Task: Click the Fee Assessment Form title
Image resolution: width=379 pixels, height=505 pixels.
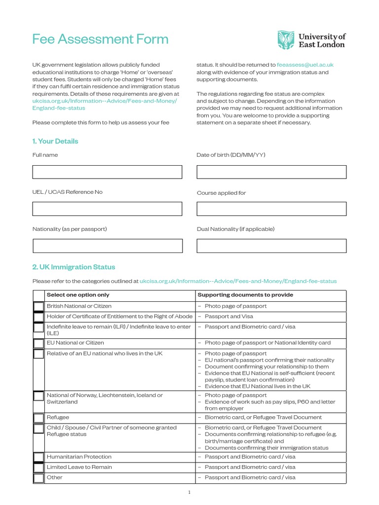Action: pyautogui.click(x=100, y=39)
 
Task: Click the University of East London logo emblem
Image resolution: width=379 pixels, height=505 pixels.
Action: pyautogui.click(x=286, y=40)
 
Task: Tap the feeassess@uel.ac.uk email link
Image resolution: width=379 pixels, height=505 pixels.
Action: pyautogui.click(x=305, y=65)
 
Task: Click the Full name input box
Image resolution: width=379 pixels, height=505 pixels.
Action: pyautogui.click(x=107, y=172)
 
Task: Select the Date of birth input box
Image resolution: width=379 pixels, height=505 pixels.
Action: pyautogui.click(x=271, y=172)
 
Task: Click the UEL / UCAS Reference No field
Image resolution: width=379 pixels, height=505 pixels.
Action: pyautogui.click(x=107, y=209)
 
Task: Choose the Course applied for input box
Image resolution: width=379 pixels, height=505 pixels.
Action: pyautogui.click(x=271, y=209)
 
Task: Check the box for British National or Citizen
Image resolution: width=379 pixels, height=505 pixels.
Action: pyautogui.click(x=38, y=306)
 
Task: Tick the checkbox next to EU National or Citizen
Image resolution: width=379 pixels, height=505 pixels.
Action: pyautogui.click(x=38, y=343)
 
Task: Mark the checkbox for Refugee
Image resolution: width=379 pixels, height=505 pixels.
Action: pyautogui.click(x=38, y=418)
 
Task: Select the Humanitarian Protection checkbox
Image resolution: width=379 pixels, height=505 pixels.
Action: pyautogui.click(x=38, y=457)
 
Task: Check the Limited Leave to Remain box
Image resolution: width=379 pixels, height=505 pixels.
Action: pyautogui.click(x=38, y=468)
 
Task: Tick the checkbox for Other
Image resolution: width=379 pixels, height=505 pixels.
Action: pyautogui.click(x=38, y=478)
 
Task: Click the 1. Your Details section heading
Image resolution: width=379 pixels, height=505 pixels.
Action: pyautogui.click(x=55, y=141)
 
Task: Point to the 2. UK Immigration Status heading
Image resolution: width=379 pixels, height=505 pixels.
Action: pyautogui.click(x=74, y=267)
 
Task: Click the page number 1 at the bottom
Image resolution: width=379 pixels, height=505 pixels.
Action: pyautogui.click(x=189, y=492)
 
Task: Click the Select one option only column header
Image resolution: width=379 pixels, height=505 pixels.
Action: pyautogui.click(x=78, y=295)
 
